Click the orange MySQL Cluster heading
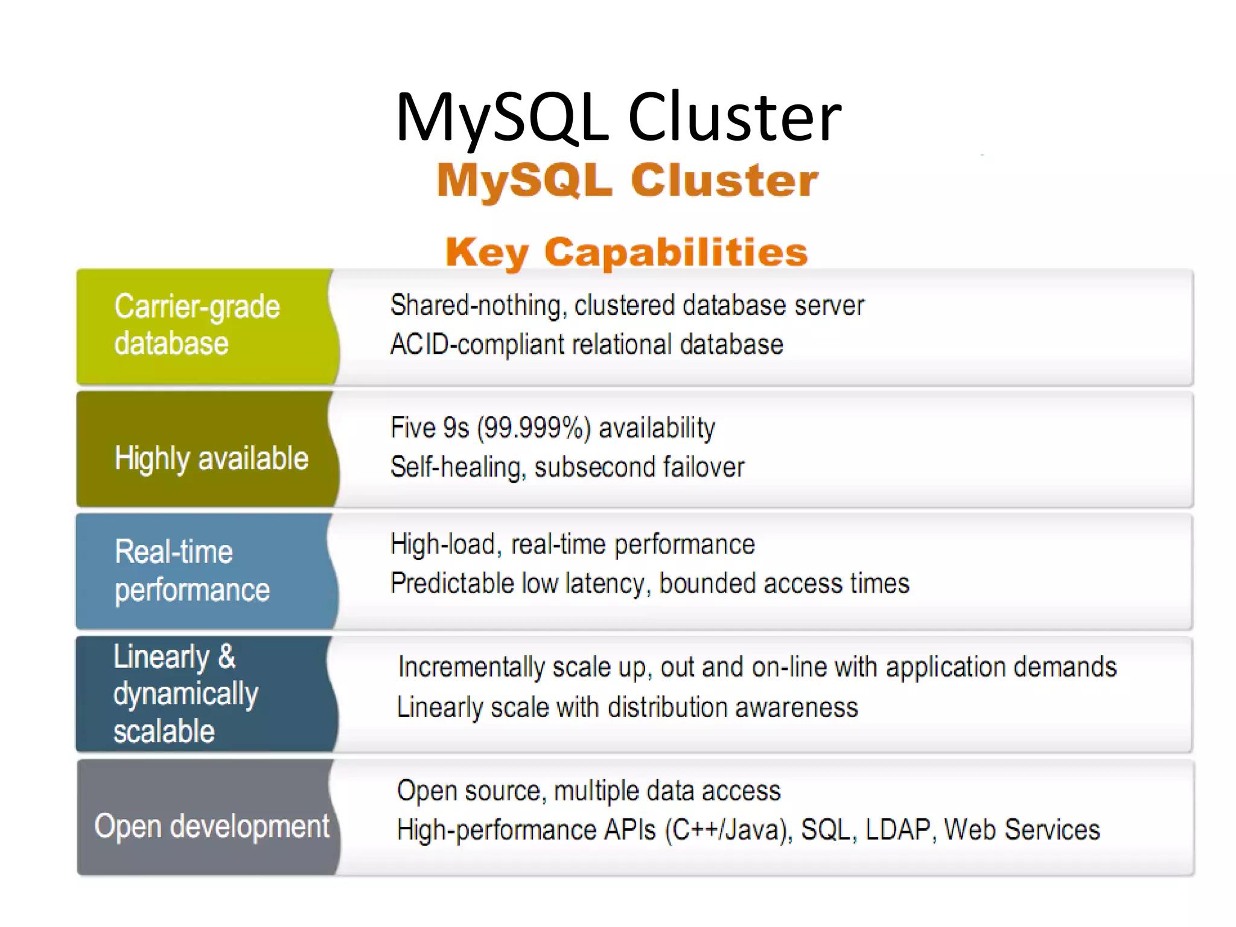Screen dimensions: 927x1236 click(x=627, y=180)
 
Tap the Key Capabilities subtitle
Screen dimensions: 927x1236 click(x=626, y=252)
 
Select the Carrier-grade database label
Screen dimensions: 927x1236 click(x=197, y=325)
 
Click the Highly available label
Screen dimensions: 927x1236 click(x=211, y=458)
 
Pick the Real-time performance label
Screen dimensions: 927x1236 click(x=192, y=570)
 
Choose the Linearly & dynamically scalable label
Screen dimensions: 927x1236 click(x=186, y=694)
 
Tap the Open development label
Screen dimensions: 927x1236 click(x=212, y=826)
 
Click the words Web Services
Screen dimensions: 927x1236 click(x=1022, y=830)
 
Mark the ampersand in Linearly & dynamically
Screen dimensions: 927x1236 click(x=227, y=657)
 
